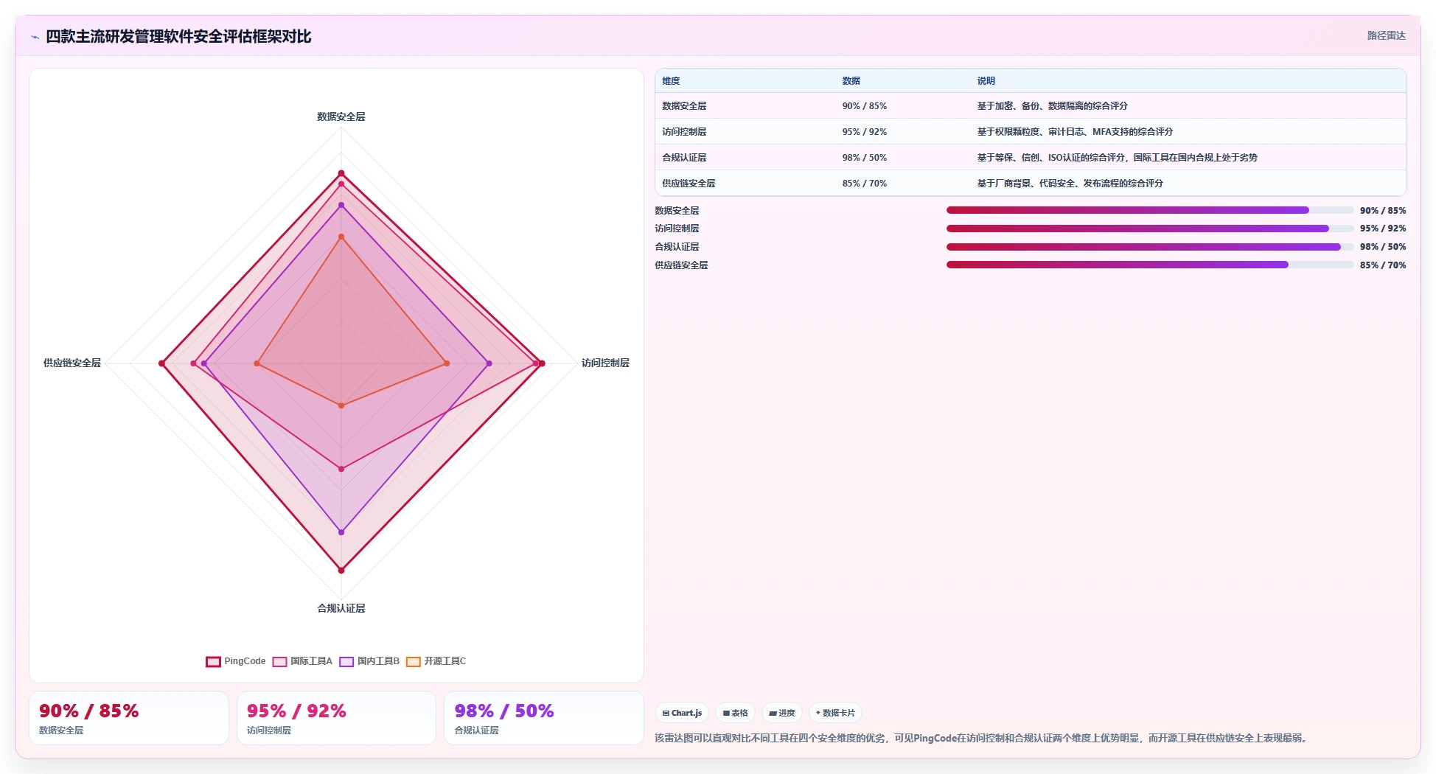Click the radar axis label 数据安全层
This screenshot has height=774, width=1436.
coord(341,116)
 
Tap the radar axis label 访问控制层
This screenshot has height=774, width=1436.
coord(605,363)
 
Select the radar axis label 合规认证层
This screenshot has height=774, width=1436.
coord(341,608)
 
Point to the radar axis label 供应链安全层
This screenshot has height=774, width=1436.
coord(72,363)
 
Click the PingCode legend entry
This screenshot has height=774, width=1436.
coord(236,661)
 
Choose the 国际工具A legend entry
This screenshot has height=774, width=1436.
coord(302,661)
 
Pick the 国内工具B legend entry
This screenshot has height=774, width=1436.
coord(369,661)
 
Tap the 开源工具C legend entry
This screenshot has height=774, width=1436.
coord(436,661)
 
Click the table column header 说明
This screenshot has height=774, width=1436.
coord(986,81)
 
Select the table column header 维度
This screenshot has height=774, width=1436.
coord(671,81)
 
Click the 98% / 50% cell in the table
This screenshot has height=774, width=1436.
coord(865,158)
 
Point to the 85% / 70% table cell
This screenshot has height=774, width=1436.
coord(865,184)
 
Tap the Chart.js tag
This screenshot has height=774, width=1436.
coord(682,713)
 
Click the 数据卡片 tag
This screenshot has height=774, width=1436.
coord(835,713)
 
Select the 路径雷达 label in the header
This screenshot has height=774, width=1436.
coord(1387,35)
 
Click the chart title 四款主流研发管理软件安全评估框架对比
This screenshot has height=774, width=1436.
coord(178,36)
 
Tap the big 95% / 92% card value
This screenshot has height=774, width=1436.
coord(296,711)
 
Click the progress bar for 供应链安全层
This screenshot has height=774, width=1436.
coord(1150,265)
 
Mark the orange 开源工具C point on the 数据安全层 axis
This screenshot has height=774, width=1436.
coord(341,237)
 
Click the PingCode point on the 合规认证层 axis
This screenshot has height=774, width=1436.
coord(341,570)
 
